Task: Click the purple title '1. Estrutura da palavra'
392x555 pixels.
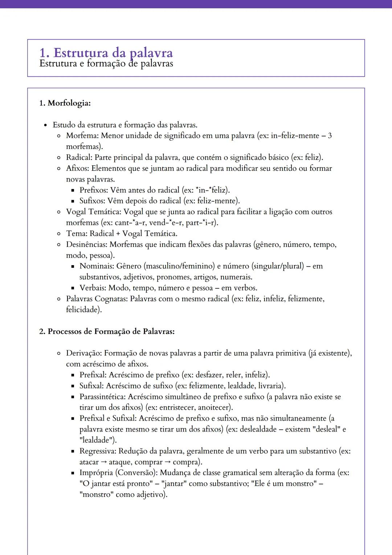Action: [106, 53]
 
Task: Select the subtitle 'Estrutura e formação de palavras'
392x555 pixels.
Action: [106, 64]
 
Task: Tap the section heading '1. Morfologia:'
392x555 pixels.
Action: [65, 103]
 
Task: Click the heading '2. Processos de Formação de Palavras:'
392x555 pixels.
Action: [107, 331]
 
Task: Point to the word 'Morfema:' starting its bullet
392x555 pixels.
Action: [82, 136]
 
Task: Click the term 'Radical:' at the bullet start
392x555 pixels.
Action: [79, 158]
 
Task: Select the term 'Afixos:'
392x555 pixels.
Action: [78, 169]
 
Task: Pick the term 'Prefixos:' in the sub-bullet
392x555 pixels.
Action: [93, 190]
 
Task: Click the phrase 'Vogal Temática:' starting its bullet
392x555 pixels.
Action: [94, 212]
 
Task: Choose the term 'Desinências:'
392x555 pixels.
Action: [87, 244]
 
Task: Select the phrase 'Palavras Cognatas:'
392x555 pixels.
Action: [97, 299]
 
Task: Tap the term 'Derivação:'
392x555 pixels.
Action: [84, 353]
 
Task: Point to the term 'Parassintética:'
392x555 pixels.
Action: [103, 397]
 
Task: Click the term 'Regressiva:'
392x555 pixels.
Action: [98, 451]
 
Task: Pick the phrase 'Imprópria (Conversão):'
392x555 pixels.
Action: [118, 473]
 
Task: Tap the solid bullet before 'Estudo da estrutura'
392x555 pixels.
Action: [45, 125]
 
